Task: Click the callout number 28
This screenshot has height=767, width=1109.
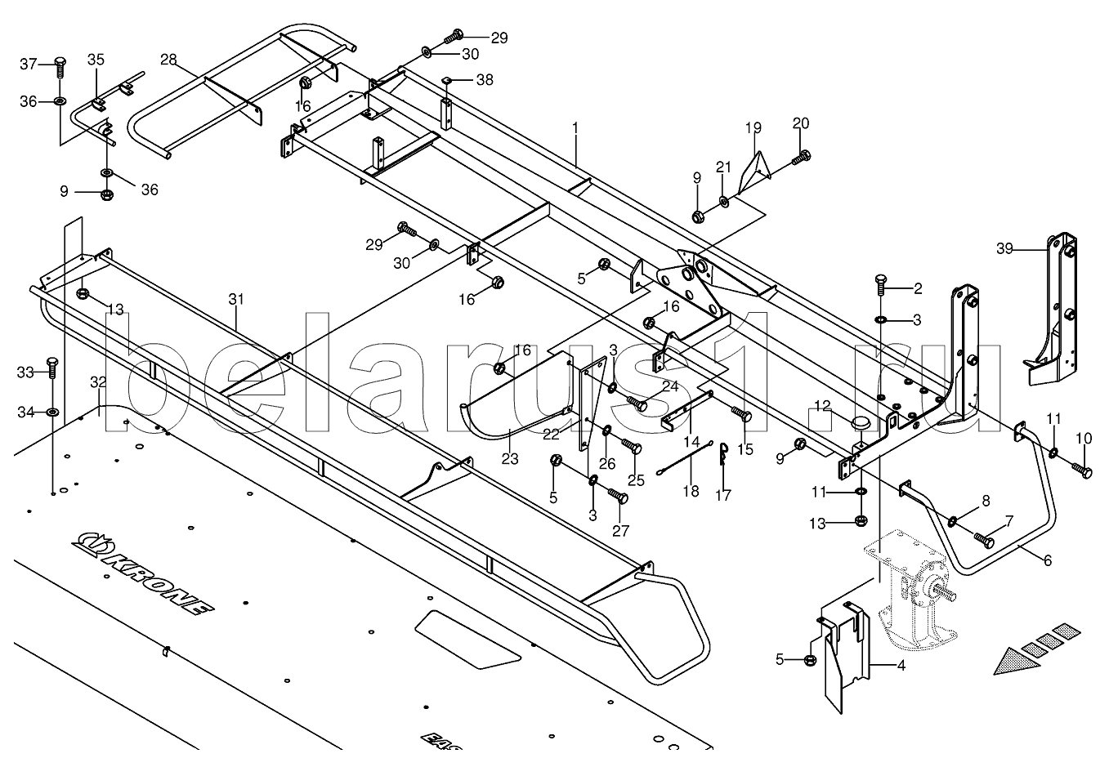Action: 168,60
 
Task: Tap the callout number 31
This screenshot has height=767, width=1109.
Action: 236,300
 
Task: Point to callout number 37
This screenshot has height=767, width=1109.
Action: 29,64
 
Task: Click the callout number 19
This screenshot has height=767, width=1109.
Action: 753,127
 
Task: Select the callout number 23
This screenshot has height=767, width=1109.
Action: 510,458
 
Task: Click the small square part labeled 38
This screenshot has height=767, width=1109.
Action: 449,80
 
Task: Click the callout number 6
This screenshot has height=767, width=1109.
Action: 1047,560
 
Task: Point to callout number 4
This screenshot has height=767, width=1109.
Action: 901,666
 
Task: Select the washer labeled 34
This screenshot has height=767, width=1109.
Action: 52,412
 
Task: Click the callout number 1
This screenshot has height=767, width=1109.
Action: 575,128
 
